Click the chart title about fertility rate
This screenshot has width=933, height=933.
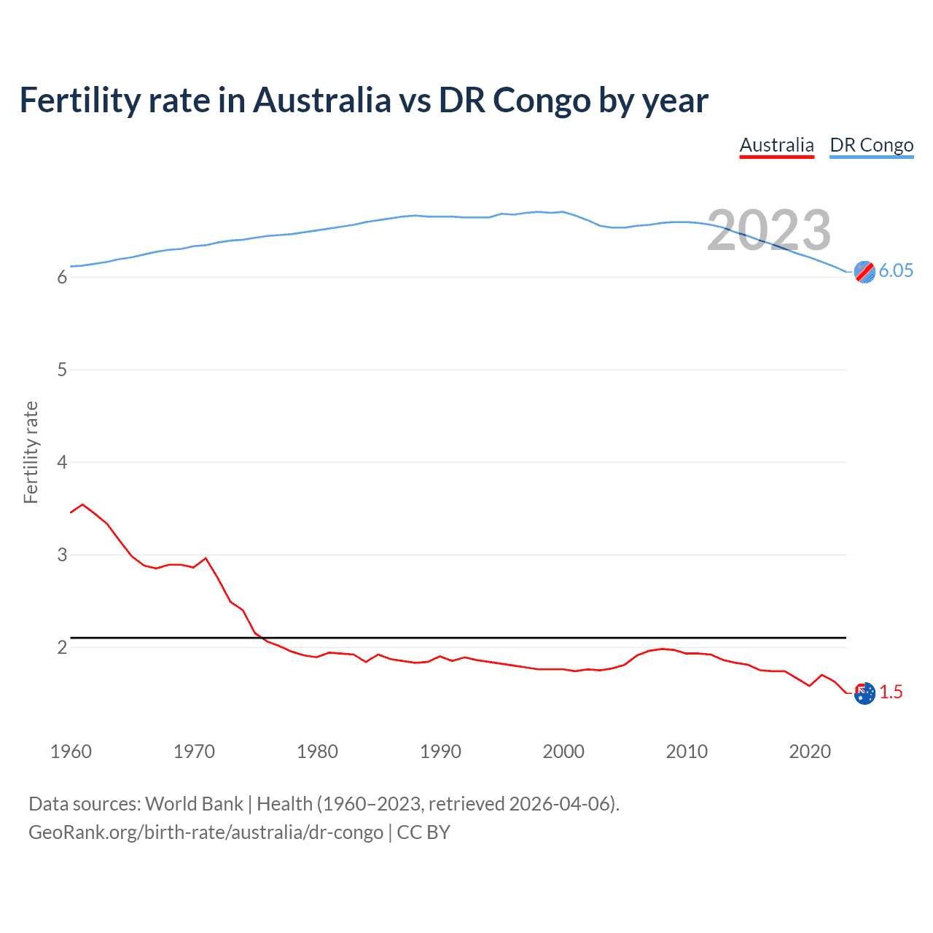pos(363,101)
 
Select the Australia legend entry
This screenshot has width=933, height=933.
pos(776,145)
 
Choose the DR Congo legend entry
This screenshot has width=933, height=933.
pos(871,145)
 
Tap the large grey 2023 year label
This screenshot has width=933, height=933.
pos(768,230)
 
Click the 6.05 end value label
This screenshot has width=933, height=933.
pos(896,270)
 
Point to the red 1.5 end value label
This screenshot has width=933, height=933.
pos(891,692)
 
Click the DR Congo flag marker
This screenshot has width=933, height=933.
pos(864,272)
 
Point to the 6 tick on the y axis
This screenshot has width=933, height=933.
pos(62,277)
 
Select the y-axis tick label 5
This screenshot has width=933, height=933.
pos(62,370)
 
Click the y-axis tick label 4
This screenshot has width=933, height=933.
pos(62,462)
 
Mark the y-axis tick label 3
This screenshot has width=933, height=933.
pos(62,555)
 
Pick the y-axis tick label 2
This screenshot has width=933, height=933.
pos(62,647)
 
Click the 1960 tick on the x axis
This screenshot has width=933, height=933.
pos(71,752)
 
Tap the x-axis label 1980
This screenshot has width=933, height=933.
pos(317,752)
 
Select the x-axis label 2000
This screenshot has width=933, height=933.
pos(563,752)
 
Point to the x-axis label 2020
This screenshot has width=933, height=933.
pos(810,752)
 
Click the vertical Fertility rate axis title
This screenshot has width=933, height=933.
pos(31,452)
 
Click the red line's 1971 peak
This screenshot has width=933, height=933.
pos(206,558)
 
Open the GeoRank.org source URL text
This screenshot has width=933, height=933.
pos(206,832)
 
